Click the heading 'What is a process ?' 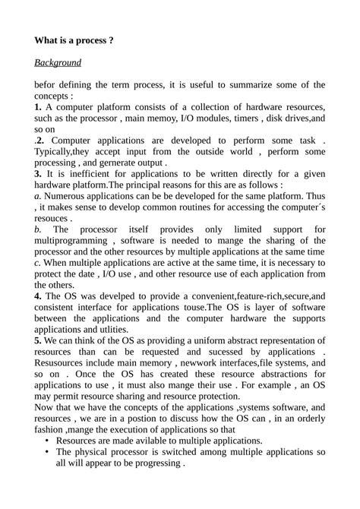pos(74,40)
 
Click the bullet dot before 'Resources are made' pos(49,441)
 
